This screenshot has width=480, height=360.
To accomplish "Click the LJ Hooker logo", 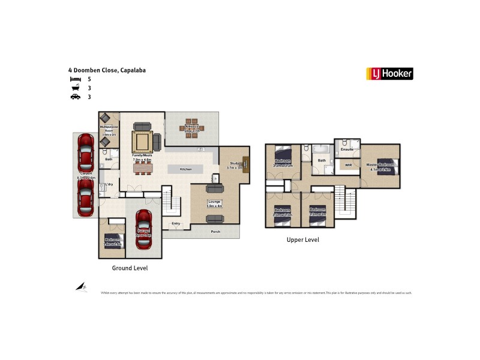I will coord(389,74).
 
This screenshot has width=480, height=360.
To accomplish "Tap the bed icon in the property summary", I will coord(75,79).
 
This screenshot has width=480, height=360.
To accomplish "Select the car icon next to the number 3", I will coord(75,97).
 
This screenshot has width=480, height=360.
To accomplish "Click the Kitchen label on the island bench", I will coord(185,169).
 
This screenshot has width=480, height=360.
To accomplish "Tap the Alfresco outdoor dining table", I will coord(191,128).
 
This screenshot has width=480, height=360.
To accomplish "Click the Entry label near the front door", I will coord(175,224).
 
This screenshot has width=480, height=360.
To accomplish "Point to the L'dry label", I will coord(109,184).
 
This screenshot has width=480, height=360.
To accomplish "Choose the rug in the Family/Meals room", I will coord(142,143).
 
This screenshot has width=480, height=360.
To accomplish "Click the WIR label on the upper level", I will coord(347,164).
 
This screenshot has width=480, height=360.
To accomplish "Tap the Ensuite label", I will coord(347,149).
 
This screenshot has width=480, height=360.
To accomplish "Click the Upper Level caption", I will coord(302,239).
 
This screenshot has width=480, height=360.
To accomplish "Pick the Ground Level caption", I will coord(130,268).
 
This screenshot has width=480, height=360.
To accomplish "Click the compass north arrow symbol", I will coord(82,287).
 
